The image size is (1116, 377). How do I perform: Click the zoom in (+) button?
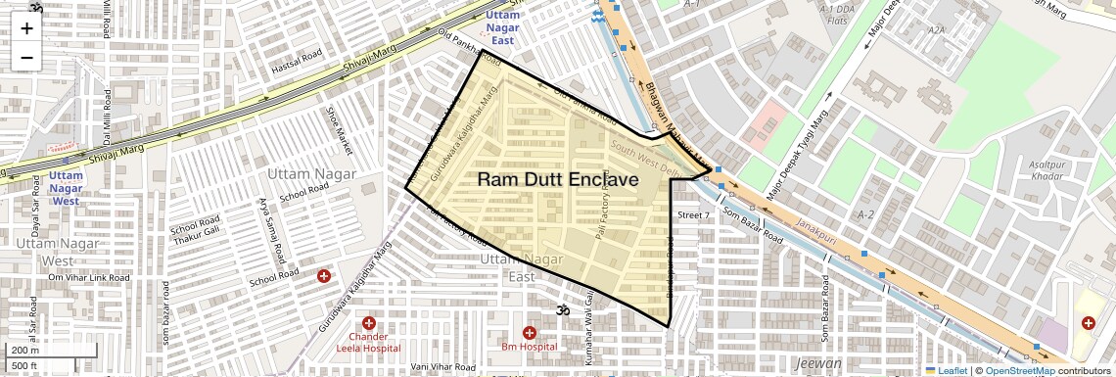pos(26,28)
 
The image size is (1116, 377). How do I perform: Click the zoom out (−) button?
pos(26,57)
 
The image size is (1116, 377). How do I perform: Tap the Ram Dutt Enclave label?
pos(558,180)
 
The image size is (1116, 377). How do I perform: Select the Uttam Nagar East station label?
pos(502,27)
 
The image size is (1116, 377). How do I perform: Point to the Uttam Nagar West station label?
pos(65,187)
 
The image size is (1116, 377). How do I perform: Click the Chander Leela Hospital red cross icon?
pos(368,323)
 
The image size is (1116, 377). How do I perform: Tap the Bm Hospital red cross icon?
pos(530,333)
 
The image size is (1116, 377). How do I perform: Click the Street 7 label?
pos(692,214)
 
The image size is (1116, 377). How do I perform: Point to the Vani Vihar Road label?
pos(443,367)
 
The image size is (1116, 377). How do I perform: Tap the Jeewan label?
pos(818,363)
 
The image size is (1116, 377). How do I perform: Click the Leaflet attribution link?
pos(946,371)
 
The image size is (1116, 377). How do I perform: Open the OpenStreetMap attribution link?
pos(1019,371)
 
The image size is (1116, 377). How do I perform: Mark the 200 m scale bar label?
pos(24,350)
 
